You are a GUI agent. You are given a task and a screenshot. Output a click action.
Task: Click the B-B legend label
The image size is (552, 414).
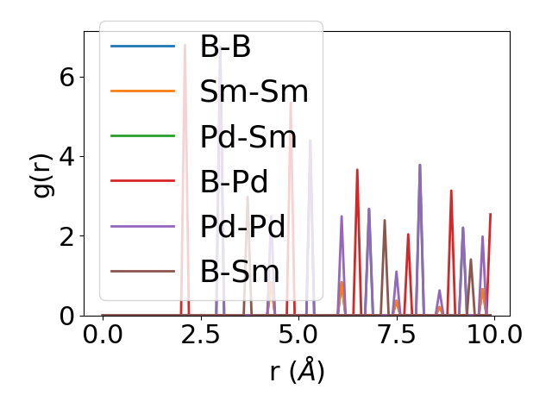(225, 47)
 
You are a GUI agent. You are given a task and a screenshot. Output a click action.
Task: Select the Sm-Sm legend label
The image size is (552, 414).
(254, 92)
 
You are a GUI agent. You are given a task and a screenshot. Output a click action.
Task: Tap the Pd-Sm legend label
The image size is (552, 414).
(248, 137)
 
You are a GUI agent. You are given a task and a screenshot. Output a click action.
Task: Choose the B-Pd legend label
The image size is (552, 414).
(234, 182)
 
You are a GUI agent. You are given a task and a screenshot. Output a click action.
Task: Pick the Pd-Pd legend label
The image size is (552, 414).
(242, 227)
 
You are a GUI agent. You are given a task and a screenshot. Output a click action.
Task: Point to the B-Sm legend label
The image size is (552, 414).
(239, 272)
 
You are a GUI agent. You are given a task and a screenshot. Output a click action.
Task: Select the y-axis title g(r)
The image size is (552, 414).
(42, 173)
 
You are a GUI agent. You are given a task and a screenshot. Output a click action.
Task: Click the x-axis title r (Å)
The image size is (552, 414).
(297, 372)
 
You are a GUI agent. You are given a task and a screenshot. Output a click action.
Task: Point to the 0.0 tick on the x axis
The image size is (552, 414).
(103, 335)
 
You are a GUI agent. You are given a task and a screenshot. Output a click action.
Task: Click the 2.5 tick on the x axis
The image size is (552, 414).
(201, 335)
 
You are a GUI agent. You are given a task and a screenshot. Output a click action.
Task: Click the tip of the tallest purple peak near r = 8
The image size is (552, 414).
(420, 165)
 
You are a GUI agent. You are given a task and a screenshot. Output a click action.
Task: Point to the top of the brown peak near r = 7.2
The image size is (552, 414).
(385, 220)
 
